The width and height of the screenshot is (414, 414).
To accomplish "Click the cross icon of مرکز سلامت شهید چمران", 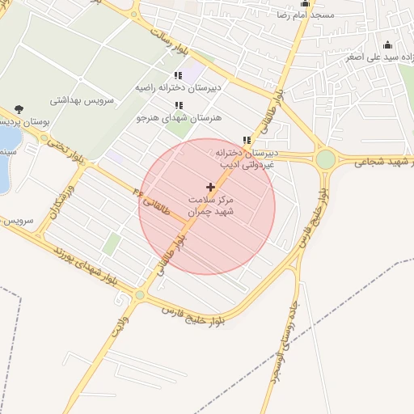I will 211,187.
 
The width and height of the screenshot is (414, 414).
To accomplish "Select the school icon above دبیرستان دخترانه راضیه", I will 178,76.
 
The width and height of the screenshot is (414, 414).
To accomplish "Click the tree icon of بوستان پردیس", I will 19,109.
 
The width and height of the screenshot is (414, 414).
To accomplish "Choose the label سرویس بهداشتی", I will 84,100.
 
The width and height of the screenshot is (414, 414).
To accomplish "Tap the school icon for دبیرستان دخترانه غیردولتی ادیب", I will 247,140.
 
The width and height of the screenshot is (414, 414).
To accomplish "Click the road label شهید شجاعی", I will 381,162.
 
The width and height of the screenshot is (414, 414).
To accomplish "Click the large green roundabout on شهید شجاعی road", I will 325,159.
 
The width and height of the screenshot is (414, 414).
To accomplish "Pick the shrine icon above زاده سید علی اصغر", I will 387,45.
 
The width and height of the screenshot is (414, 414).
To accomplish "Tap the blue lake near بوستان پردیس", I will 3,166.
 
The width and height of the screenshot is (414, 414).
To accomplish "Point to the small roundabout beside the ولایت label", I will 140,295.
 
